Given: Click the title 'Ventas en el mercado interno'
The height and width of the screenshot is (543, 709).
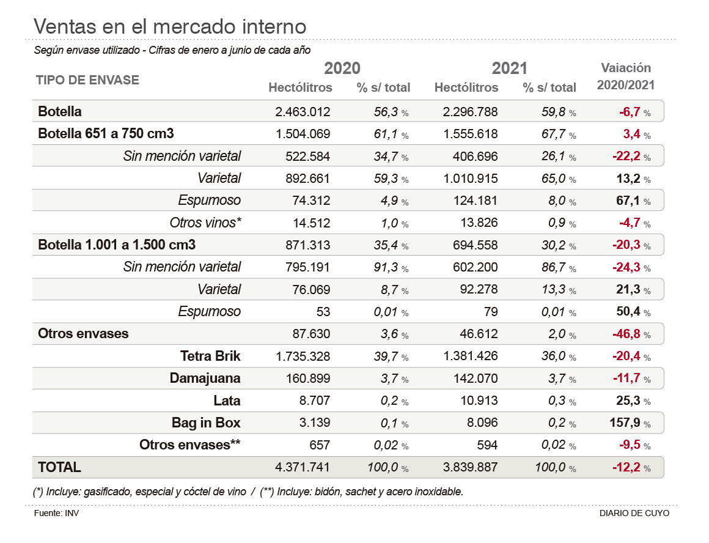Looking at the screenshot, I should click(169, 26).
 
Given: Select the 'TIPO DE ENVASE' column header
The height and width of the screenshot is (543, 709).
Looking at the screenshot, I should click(87, 80).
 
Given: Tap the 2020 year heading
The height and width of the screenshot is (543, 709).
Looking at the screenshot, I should click(342, 68).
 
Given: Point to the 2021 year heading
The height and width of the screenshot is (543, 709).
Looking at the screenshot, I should click(509, 68).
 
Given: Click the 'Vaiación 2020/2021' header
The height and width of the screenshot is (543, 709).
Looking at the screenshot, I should click(626, 76).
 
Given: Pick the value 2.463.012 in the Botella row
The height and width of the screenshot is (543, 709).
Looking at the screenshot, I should click(303, 112).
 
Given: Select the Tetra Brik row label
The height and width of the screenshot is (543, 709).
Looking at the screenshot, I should click(210, 356).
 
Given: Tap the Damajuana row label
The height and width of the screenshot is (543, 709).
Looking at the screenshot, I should click(205, 379).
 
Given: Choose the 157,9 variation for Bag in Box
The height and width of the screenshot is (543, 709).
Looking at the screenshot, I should click(626, 423).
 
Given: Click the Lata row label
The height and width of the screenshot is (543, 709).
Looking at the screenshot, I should click(227, 401).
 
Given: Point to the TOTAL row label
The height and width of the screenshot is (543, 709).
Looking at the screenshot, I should click(59, 467).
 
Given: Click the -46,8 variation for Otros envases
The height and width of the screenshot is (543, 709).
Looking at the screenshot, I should click(626, 334).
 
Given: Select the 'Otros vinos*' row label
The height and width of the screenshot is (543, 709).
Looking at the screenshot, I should click(205, 223).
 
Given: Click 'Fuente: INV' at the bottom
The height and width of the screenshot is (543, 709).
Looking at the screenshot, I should click(56, 513).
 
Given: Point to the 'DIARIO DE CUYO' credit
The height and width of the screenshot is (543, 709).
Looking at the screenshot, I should click(634, 513).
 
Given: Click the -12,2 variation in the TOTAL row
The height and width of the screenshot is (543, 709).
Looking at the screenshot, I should click(626, 467).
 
